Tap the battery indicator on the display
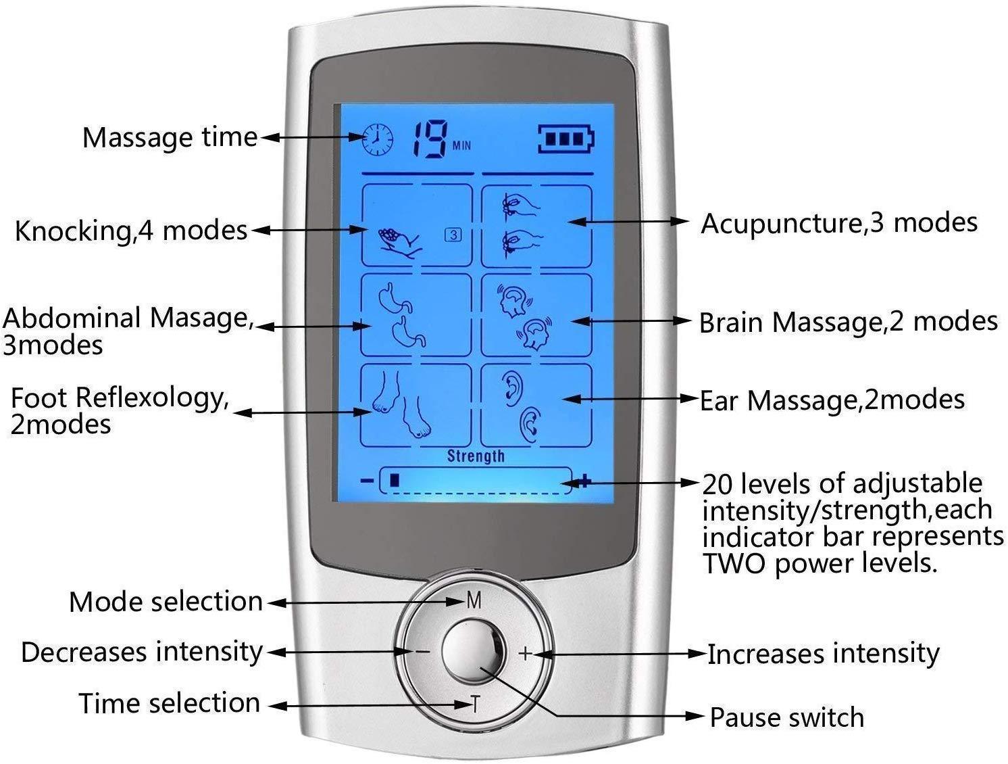tap(567, 139)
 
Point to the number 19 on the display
tap(430, 139)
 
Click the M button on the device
tap(474, 600)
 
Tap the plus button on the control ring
tap(526, 653)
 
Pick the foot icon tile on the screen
tap(415, 405)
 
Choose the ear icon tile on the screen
tap(536, 405)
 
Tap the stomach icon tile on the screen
tap(415, 315)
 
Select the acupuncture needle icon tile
tap(536, 225)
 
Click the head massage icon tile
tap(536, 315)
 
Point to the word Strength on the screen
tap(476, 456)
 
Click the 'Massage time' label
tap(170, 137)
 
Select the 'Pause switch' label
tap(786, 717)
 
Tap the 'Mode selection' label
tap(166, 602)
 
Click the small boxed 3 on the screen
tap(453, 235)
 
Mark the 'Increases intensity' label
tap(823, 654)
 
